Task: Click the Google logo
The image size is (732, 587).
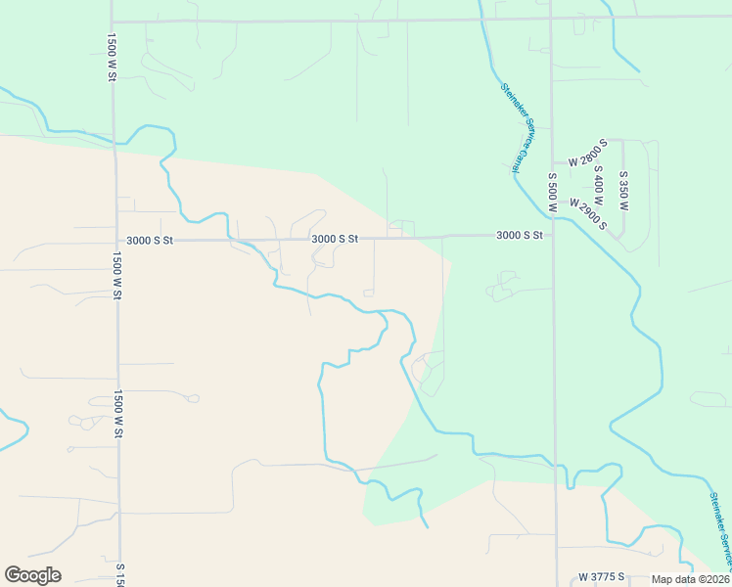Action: [32, 575]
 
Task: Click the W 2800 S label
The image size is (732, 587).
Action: [581, 153]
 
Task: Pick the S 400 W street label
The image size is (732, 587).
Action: [598, 187]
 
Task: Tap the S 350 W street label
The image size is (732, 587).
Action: [623, 191]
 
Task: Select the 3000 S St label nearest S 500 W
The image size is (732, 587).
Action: [519, 235]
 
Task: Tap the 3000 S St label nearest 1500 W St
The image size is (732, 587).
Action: [149, 240]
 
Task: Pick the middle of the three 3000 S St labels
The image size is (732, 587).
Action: [335, 238]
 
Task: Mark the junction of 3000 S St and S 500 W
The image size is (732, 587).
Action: [553, 235]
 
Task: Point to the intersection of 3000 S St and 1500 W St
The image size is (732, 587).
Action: [116, 240]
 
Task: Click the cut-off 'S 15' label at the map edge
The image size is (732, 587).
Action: [120, 574]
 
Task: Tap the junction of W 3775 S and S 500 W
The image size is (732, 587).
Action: [557, 577]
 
